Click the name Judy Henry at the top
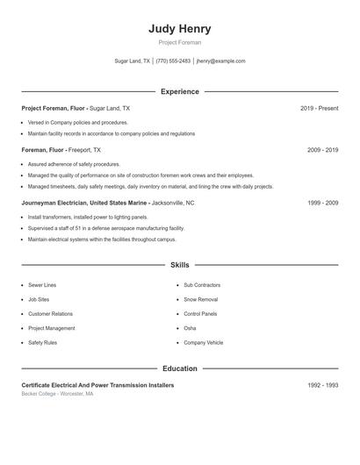pos(180,28)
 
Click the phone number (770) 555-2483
pos(173,61)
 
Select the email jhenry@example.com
pos(221,61)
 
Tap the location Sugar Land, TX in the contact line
pos(133,61)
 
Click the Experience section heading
pos(180,91)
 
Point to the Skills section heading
pos(180,264)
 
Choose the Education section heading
pos(180,368)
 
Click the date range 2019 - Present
pos(319,108)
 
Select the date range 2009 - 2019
pos(322,150)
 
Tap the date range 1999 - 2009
pos(322,203)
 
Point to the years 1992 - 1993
pos(322,385)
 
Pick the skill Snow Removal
pos(201,299)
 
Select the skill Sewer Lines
pos(42,285)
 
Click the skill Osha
pos(190,328)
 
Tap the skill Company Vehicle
pos(204,342)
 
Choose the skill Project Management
pos(52,328)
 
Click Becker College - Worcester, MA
pos(57,394)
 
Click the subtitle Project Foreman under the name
pos(180,42)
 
